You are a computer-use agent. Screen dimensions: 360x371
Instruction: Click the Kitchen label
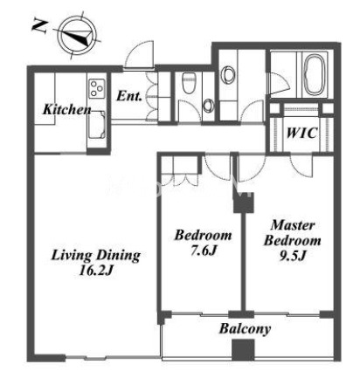pyautogui.click(x=67, y=109)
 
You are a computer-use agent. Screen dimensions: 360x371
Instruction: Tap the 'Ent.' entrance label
pyautogui.click(x=129, y=96)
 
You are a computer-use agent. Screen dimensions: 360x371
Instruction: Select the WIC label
pyautogui.click(x=301, y=133)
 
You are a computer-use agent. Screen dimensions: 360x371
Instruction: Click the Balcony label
pyautogui.click(x=245, y=329)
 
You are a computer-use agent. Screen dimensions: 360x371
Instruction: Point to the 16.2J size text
pyautogui.click(x=96, y=271)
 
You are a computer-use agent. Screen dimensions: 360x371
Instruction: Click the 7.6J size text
pyautogui.click(x=204, y=251)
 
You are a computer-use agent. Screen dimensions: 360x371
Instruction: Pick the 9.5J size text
pyautogui.click(x=293, y=256)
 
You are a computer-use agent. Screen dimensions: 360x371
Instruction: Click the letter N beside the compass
pyautogui.click(x=39, y=26)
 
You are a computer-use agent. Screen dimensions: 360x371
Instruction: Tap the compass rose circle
pyautogui.click(x=77, y=37)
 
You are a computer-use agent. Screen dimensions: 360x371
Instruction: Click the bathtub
pyautogui.click(x=314, y=75)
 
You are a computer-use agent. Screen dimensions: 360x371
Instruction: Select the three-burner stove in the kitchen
pyautogui.click(x=96, y=88)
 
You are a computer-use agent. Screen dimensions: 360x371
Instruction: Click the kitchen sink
pyautogui.click(x=96, y=125)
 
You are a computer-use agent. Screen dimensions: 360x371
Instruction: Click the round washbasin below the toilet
pyautogui.click(x=208, y=106)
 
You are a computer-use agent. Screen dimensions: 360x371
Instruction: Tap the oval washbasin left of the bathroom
pyautogui.click(x=228, y=75)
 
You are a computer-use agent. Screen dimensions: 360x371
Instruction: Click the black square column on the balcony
pyautogui.click(x=243, y=350)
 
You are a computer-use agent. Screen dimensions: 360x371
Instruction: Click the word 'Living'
pyautogui.click(x=71, y=256)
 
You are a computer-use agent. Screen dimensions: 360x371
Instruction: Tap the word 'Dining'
pyautogui.click(x=119, y=256)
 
